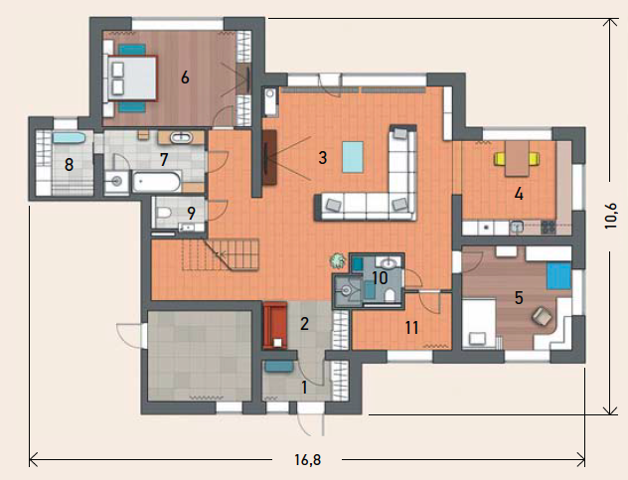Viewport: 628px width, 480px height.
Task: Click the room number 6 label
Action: (x=185, y=77)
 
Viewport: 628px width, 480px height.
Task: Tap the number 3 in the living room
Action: (x=323, y=158)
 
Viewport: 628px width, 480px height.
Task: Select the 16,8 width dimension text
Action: (x=308, y=460)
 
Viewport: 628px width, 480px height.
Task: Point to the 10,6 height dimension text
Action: (x=611, y=216)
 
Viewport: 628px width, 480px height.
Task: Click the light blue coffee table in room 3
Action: (x=353, y=157)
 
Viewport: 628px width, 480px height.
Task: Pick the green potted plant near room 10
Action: (x=338, y=260)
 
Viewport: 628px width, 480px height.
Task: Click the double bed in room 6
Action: (x=132, y=78)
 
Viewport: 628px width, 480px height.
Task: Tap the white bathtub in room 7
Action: (x=157, y=182)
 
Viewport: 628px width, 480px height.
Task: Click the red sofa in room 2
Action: (x=275, y=325)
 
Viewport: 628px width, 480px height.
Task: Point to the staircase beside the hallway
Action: (x=221, y=254)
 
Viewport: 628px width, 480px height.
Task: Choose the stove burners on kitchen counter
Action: (x=549, y=228)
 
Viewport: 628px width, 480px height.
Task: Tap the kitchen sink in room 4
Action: (x=517, y=228)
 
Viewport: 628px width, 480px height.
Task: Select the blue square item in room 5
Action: (x=558, y=275)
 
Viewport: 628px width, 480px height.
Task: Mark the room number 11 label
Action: (x=411, y=328)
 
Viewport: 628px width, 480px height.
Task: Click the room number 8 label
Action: (x=69, y=165)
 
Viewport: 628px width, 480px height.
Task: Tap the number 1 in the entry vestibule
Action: (x=304, y=388)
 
